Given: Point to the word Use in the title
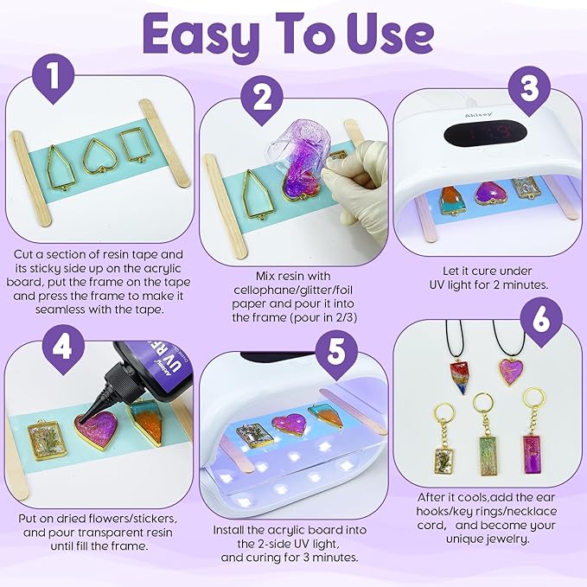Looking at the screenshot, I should [388, 35].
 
